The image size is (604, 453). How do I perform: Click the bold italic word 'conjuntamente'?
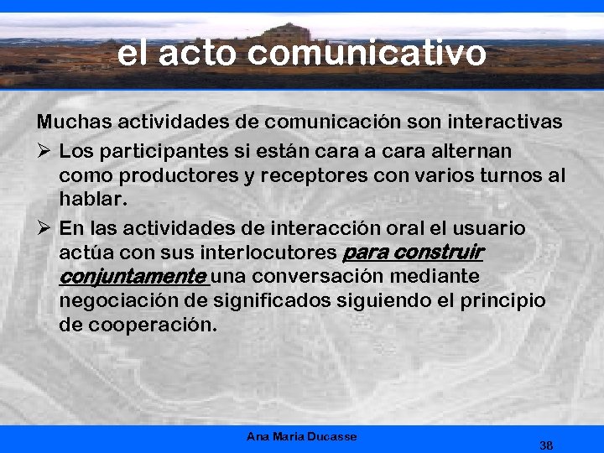[133, 276]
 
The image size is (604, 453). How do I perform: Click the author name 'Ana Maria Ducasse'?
[302, 436]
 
